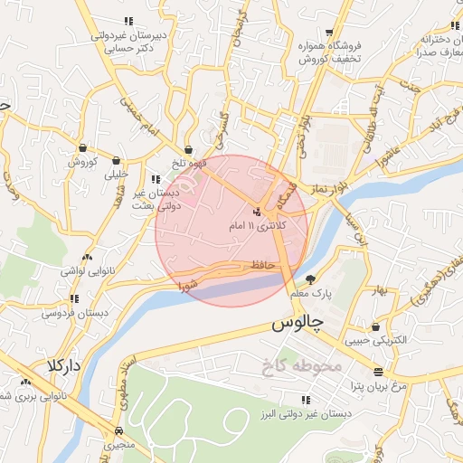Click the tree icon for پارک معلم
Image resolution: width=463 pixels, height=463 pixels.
(311, 279)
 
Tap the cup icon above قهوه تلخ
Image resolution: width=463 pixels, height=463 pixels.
(188, 150)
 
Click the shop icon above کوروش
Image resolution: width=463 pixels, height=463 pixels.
(82, 148)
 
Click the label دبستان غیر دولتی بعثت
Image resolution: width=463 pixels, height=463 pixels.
(163, 199)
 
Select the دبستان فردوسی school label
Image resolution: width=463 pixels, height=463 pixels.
(70, 313)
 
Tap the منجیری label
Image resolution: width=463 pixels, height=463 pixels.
(119, 446)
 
